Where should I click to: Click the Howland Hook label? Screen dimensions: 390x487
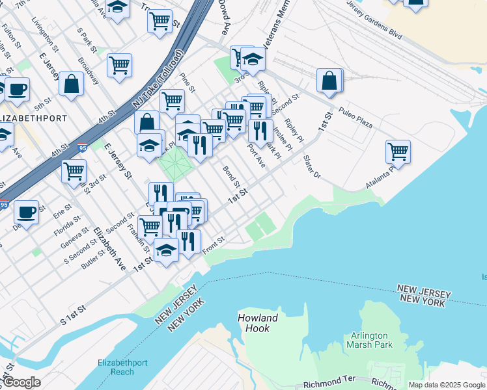pos(258,323)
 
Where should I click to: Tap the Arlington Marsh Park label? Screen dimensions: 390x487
pos(369,340)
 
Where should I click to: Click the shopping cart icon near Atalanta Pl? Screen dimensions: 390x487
pos(398,152)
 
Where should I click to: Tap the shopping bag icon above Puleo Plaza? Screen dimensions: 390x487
pos(330,80)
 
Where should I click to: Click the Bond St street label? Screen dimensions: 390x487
pos(232,175)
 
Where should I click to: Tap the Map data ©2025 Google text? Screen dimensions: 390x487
pos(447,385)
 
